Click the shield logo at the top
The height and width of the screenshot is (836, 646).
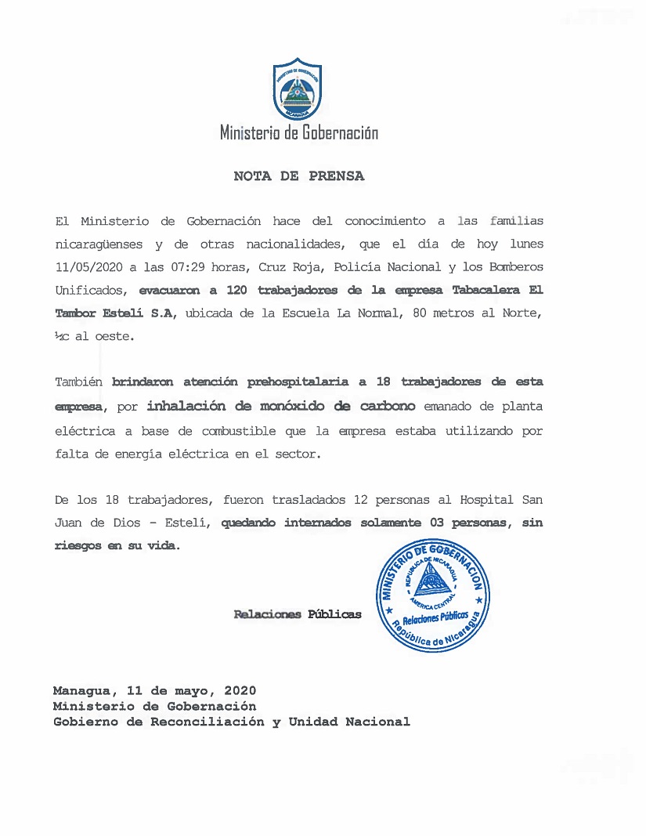[298, 89]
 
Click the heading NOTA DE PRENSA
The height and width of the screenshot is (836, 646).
[298, 176]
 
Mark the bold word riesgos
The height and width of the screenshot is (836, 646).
[78, 546]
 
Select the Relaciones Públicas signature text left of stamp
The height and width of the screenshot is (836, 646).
[298, 614]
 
